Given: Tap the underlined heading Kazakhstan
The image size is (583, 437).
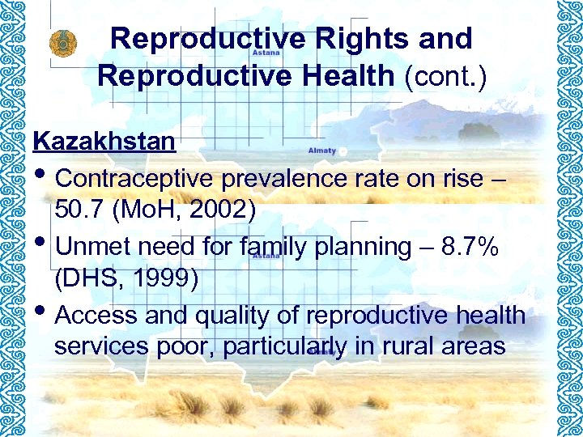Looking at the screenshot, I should point(104,142).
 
